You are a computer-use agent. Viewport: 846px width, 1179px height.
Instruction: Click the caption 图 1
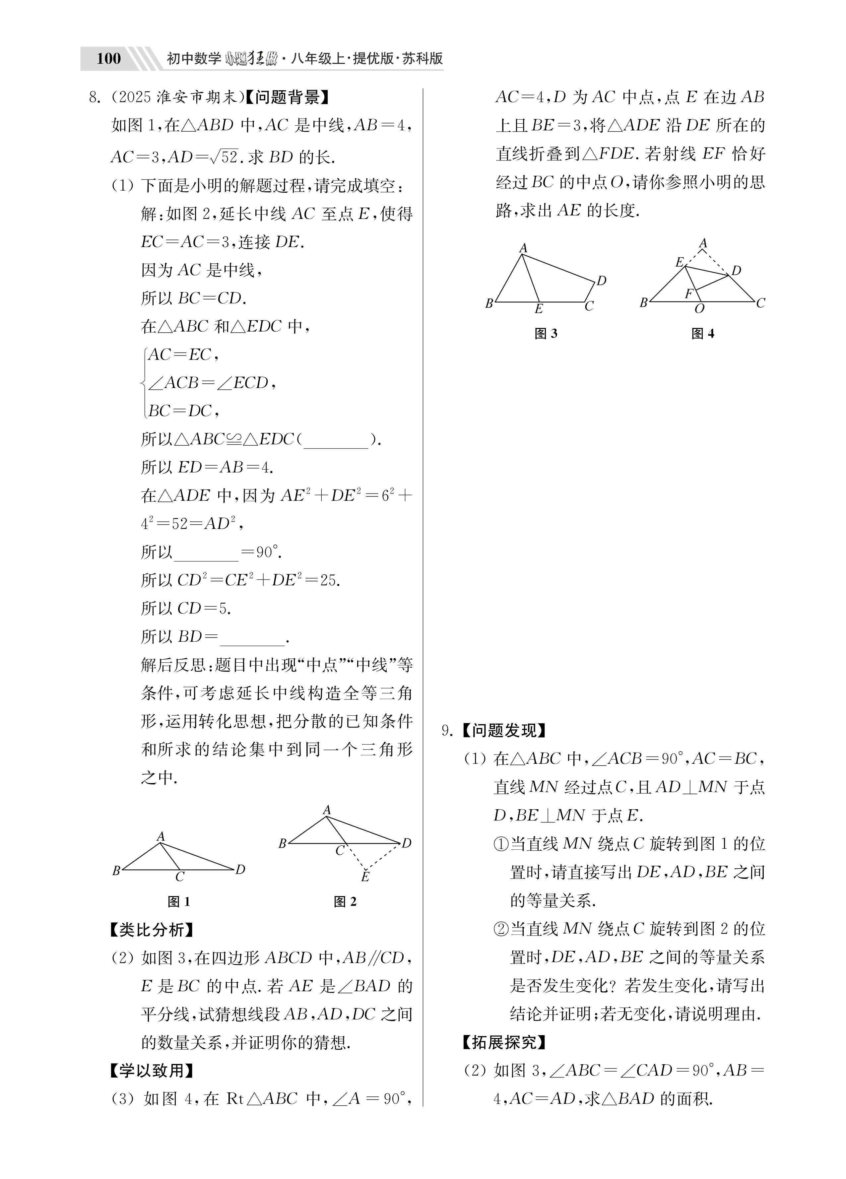(179, 901)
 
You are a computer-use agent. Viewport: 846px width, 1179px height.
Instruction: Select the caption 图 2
(345, 901)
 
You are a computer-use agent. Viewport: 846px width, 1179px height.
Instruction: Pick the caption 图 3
(546, 334)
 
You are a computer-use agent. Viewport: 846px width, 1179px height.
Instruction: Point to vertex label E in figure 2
(365, 877)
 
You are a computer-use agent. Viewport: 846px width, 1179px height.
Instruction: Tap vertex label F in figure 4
(688, 294)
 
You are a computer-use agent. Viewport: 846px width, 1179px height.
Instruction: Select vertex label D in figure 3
(601, 281)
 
